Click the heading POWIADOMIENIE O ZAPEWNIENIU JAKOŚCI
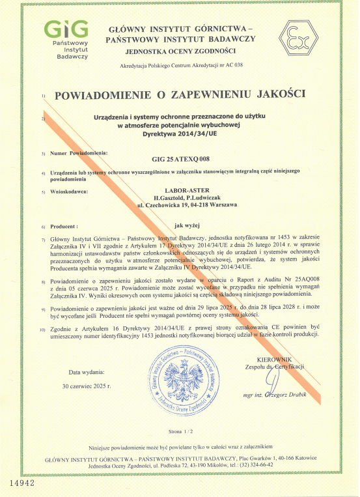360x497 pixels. [x=180, y=95]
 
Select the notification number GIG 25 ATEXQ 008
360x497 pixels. [x=180, y=158]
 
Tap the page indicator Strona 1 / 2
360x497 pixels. [x=180, y=432]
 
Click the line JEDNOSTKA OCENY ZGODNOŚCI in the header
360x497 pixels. [x=180, y=50]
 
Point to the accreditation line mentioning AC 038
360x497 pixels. [x=180, y=66]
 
